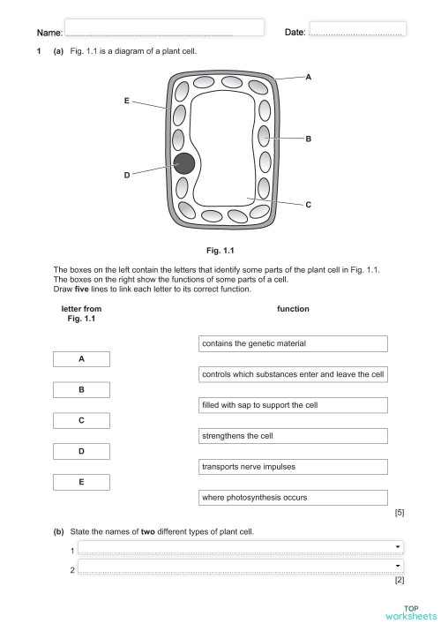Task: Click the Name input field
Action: [164, 28]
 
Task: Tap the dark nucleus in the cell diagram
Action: [183, 163]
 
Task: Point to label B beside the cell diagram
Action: [308, 139]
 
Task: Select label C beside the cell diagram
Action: [308, 205]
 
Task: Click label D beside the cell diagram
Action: [126, 176]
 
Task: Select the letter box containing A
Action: [81, 359]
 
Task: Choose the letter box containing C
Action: [81, 421]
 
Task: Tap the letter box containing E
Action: [81, 482]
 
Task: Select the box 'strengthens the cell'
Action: [293, 436]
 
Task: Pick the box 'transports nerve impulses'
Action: [293, 467]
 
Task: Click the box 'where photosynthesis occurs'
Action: [293, 498]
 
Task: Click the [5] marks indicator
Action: [399, 513]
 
